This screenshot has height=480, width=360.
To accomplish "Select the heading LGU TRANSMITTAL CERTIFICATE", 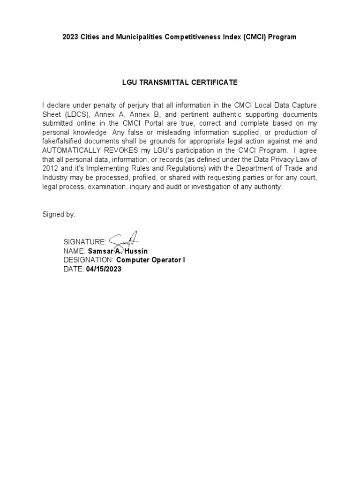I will click(180, 82).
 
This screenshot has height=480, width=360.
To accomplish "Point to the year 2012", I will click(50, 168).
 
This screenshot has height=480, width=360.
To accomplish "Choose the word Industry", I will click(55, 177).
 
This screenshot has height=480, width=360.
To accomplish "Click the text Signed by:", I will click(59, 214).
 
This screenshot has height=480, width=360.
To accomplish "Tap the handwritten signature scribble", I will click(123, 240).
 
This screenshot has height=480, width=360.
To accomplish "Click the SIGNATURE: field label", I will click(84, 242).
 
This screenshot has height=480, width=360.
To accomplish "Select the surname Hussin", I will click(136, 251).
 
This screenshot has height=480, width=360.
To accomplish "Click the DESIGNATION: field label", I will click(89, 260).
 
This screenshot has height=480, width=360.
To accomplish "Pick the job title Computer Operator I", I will click(150, 260).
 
